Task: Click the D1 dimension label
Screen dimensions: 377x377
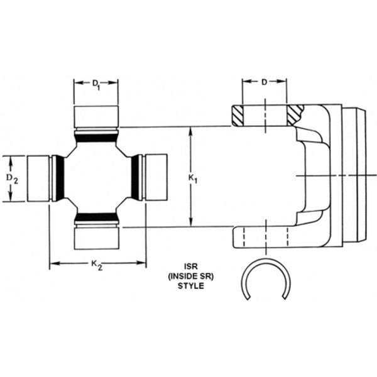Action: tap(96, 85)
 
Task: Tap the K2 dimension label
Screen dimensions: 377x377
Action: tap(96, 265)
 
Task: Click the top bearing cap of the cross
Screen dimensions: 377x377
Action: tap(96, 117)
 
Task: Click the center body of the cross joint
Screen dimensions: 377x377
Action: tap(96, 178)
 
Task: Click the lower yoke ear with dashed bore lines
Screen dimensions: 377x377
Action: tap(264, 237)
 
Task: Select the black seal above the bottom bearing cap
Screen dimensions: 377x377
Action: tap(96, 217)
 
